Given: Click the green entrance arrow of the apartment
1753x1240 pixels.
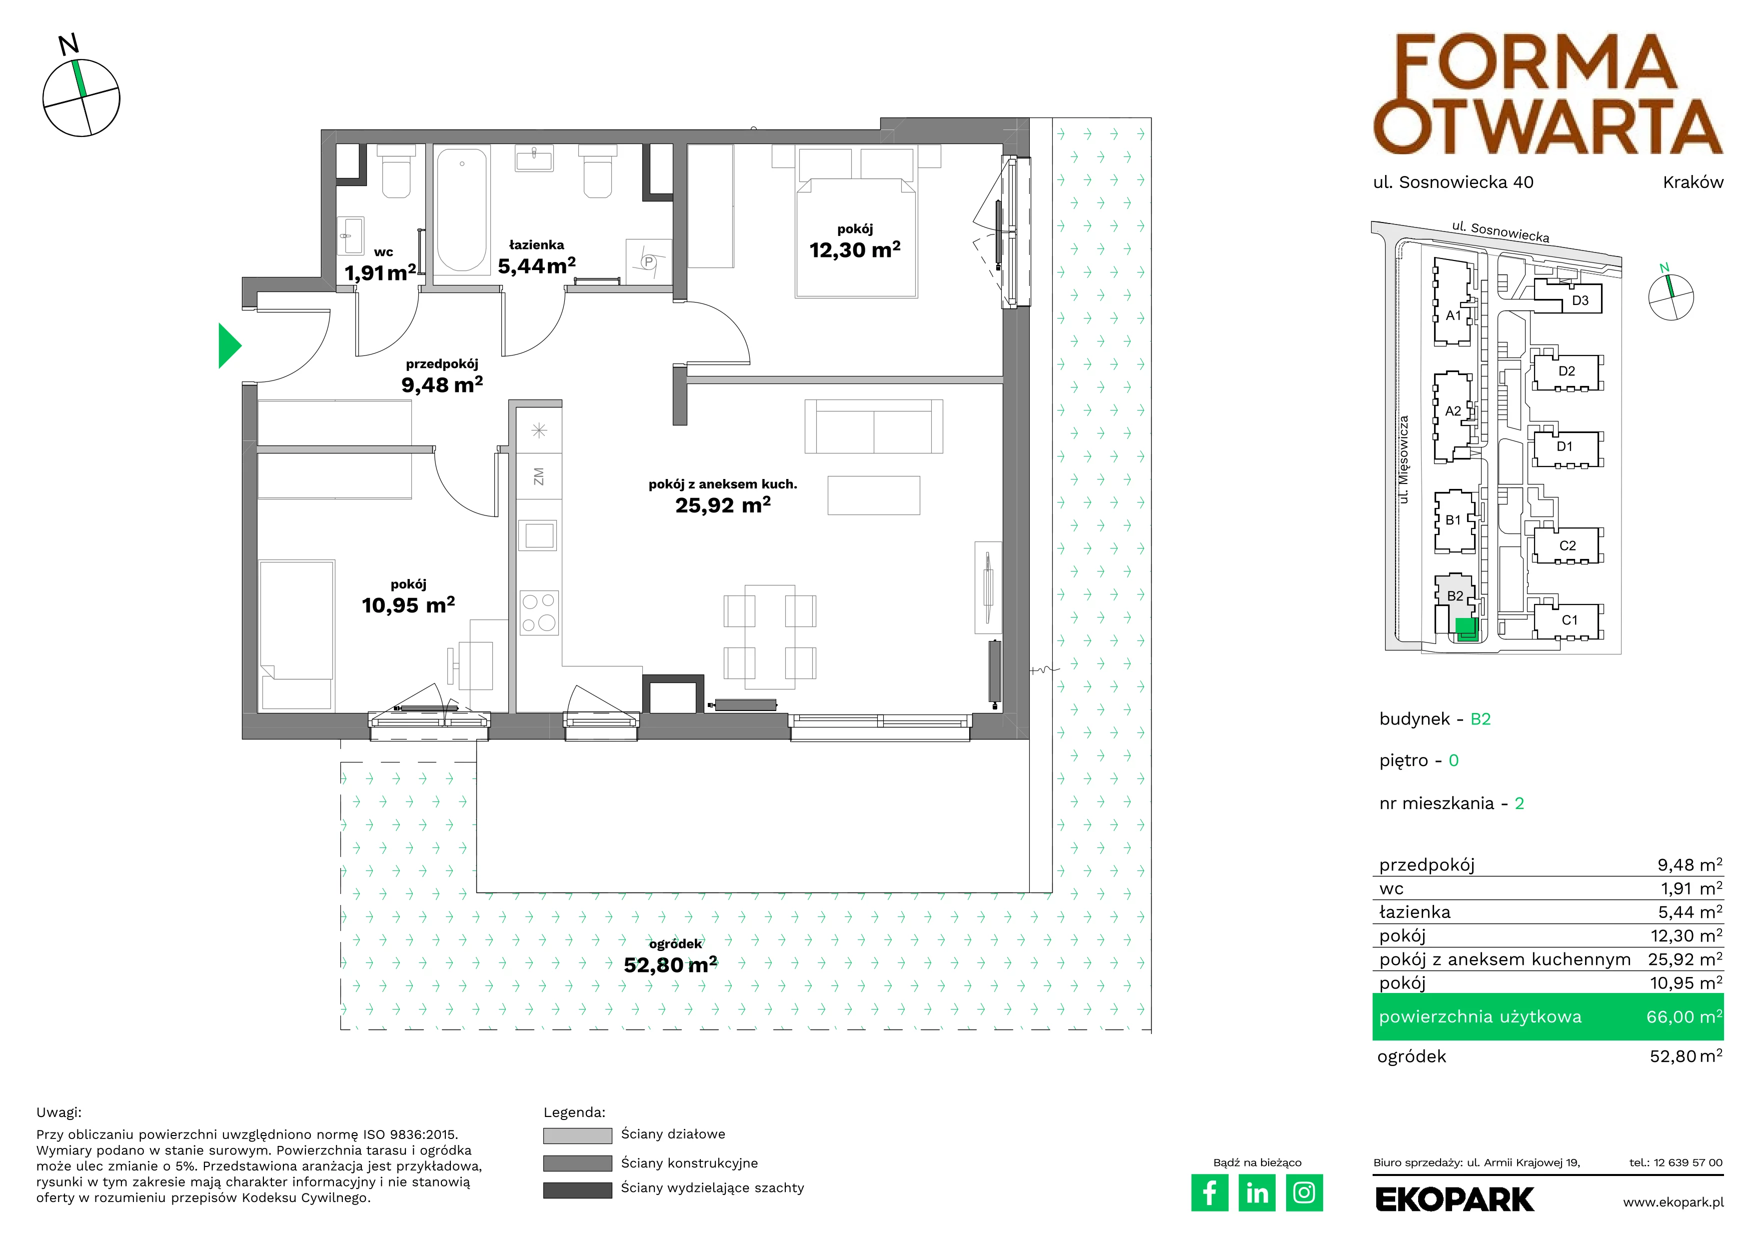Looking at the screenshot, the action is [229, 346].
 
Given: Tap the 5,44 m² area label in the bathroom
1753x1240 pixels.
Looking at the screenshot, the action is [537, 265].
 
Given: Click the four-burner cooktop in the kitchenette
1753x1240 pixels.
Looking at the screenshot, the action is [539, 612].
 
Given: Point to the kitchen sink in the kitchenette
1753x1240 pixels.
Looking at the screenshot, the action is [539, 534].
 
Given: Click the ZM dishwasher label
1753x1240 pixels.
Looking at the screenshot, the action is [539, 476].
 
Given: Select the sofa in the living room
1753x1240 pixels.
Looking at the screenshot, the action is [873, 426].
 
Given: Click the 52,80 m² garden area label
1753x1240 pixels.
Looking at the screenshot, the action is [670, 964].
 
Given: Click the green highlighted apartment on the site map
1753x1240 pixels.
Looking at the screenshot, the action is [1467, 629].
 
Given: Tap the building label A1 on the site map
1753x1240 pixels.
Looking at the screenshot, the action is [1453, 315].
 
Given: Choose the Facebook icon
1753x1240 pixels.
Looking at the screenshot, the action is [1209, 1192].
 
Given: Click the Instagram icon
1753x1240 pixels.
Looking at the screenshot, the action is [1304, 1192].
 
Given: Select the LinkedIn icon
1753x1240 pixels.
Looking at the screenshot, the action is [1257, 1192].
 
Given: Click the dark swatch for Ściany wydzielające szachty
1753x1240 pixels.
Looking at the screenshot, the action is [577, 1189].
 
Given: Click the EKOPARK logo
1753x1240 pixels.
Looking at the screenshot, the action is [1455, 1199].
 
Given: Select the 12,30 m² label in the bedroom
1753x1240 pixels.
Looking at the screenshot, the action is [855, 249].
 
